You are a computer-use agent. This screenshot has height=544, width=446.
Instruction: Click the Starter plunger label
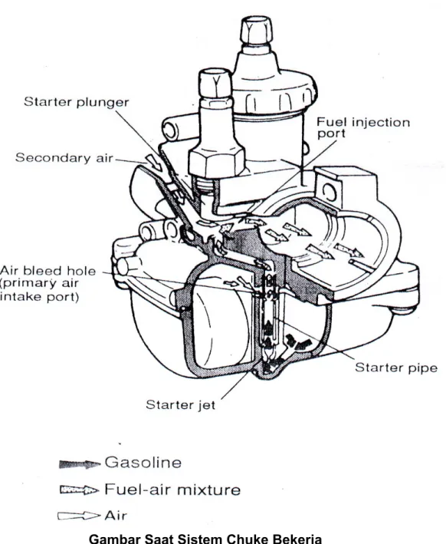[x=76, y=102]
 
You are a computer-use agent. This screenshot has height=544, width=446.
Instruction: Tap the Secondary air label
[x=64, y=158]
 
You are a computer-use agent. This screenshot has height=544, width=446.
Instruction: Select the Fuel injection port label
[x=363, y=127]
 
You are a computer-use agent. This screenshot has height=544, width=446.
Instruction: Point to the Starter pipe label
[x=396, y=368]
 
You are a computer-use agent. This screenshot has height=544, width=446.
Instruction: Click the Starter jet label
[x=181, y=404]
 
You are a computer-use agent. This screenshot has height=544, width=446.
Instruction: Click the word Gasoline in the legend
[x=143, y=463]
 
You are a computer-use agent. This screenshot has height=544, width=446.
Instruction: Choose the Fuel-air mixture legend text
[x=172, y=490]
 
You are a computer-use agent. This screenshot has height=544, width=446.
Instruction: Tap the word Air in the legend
[x=116, y=516]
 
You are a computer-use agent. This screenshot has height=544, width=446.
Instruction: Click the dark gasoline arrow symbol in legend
[x=80, y=464]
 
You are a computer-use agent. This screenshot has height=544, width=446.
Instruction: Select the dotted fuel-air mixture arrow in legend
[x=80, y=490]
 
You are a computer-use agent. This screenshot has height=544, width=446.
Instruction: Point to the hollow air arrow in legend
[x=80, y=516]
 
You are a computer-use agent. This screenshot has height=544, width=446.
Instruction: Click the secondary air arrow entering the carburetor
[x=154, y=163]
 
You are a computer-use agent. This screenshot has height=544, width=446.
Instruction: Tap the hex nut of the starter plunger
[x=216, y=162]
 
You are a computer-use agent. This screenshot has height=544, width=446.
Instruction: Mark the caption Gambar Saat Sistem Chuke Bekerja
[x=205, y=539]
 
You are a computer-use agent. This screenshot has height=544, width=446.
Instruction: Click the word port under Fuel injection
[x=331, y=134]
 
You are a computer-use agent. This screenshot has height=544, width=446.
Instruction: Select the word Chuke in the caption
[x=246, y=539]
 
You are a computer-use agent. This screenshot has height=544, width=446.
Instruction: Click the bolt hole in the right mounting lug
[x=330, y=192]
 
